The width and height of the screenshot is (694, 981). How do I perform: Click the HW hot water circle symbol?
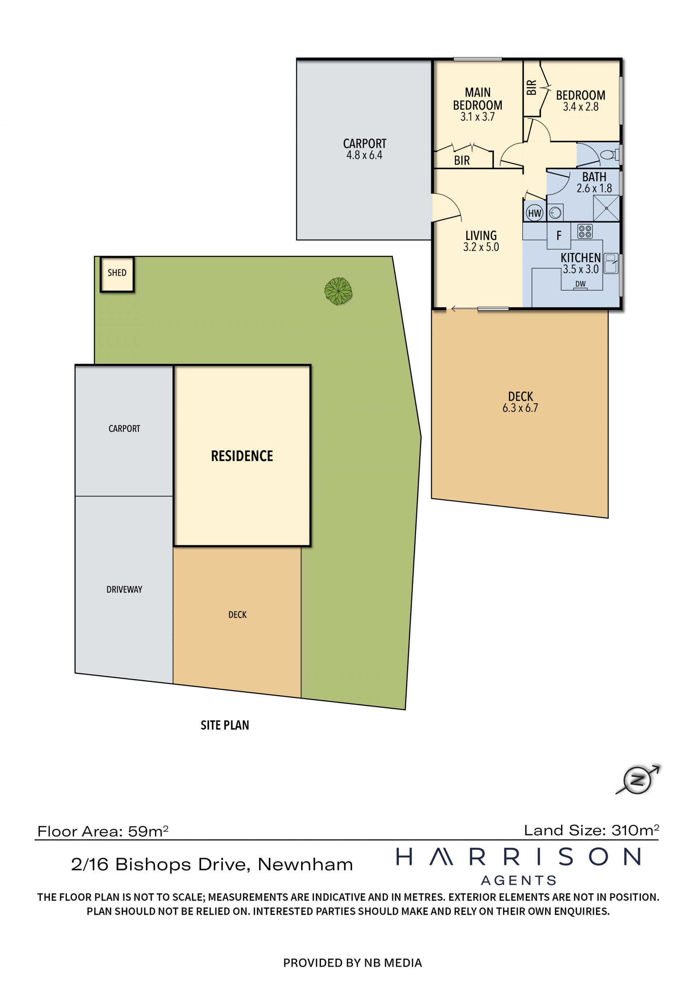point(535,213)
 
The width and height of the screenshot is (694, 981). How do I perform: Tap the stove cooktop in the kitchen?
point(585,231)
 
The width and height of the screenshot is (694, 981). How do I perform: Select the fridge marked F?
point(558,236)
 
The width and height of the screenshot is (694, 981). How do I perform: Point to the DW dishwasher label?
point(581,284)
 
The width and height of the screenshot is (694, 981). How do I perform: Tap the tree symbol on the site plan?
point(338,291)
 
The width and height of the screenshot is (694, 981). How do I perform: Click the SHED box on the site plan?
point(117,274)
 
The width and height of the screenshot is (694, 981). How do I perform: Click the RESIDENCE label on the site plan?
point(242,456)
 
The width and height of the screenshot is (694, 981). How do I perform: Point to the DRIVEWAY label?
point(124,589)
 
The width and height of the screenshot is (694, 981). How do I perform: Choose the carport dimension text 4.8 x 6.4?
point(364,155)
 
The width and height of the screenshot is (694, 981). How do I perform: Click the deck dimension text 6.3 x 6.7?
point(520,408)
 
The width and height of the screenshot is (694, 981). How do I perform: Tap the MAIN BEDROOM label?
point(478,99)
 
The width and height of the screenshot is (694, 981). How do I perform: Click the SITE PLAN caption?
point(225,725)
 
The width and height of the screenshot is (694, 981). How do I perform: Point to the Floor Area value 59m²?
point(148,831)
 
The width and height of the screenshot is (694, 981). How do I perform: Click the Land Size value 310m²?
point(635,830)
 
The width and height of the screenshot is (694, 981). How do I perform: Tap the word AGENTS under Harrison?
point(519,880)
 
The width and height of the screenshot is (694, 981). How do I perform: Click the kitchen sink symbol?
point(611,264)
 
